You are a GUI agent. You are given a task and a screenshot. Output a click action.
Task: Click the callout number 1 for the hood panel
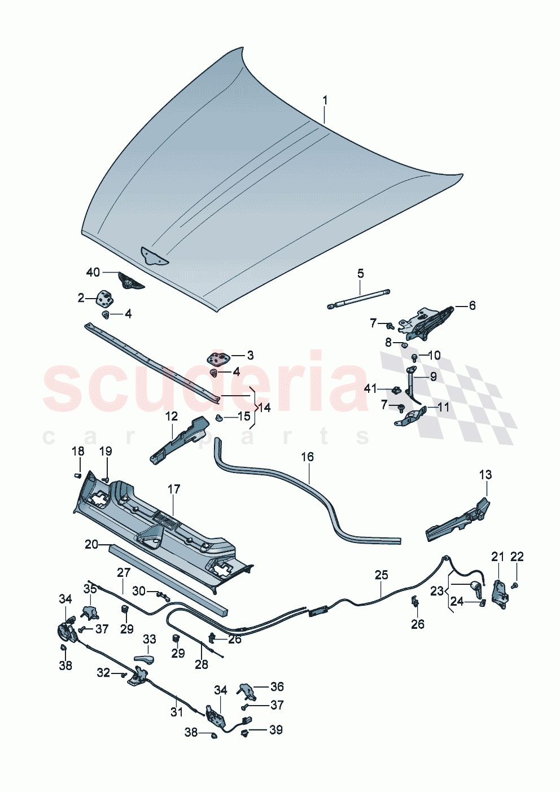325,100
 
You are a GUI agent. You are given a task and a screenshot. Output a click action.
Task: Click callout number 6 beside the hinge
472,305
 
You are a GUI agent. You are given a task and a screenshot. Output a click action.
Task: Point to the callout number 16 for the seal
307,457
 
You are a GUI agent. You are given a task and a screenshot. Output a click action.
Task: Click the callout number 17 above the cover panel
174,489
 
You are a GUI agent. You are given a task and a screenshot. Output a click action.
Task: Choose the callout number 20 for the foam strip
91,544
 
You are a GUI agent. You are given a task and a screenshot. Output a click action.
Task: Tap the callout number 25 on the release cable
382,575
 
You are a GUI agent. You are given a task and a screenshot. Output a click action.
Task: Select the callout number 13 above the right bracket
485,475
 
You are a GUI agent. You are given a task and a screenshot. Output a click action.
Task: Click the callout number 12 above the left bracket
172,416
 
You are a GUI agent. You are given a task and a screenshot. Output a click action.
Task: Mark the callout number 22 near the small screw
517,557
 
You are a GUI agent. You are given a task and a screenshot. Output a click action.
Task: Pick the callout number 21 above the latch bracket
497,557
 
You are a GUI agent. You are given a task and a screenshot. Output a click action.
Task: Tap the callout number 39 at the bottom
275,730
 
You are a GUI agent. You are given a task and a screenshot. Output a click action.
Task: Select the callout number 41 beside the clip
370,388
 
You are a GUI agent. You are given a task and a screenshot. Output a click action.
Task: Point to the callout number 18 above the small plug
78,451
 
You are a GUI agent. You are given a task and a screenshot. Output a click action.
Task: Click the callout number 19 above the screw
106,451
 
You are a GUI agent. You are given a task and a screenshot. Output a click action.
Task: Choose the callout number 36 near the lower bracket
277,686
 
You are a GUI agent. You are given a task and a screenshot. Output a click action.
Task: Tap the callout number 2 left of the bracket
81,297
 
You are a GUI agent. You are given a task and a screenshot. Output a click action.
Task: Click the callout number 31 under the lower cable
177,712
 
